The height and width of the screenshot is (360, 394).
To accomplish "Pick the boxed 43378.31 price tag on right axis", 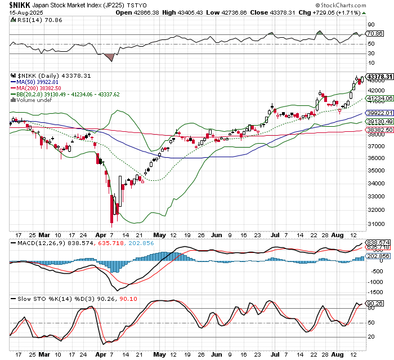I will pyautogui.click(x=378, y=76).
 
